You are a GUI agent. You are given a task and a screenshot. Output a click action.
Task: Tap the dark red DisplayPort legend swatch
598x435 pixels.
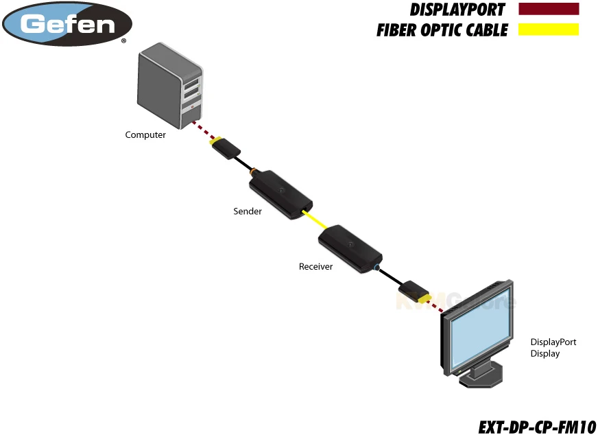tap(549, 10)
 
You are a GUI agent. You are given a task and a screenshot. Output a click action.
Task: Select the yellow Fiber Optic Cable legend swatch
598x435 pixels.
tap(549, 30)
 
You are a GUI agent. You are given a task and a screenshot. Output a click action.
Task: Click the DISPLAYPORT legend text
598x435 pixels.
tap(457, 10)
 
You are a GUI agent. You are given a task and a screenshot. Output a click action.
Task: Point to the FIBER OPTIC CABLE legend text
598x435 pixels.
tap(442, 30)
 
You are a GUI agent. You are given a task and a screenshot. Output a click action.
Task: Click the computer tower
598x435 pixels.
tap(170, 86)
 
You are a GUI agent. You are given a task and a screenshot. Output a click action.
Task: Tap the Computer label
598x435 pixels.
tap(145, 135)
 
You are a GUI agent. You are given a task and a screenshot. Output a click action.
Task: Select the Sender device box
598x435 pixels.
tap(280, 193)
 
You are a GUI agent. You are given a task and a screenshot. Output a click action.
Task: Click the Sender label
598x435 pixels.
tap(248, 211)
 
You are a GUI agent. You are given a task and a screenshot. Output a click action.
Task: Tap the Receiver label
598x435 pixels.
tap(315, 266)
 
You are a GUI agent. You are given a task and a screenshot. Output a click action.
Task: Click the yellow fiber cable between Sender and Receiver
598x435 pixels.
tap(316, 222)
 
